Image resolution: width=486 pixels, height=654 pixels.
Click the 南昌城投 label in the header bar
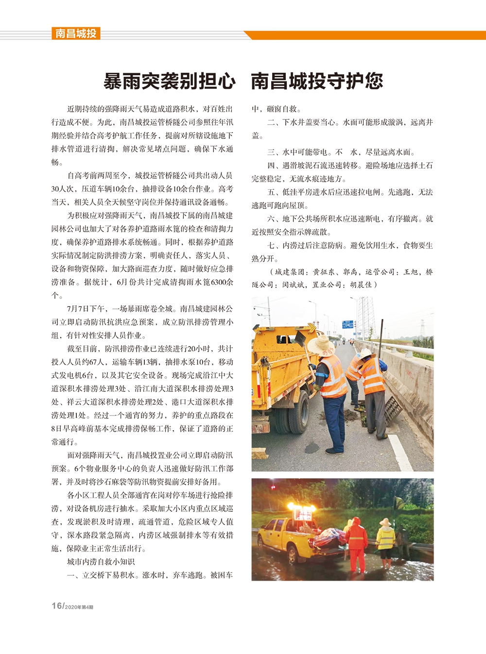tap(76, 34)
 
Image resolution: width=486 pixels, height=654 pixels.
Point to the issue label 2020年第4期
tap(79, 607)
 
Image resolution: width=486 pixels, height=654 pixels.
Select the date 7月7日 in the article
tap(78, 308)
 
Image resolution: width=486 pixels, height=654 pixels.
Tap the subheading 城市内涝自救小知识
tap(101, 562)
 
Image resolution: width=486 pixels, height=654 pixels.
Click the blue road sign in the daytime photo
tap(347, 324)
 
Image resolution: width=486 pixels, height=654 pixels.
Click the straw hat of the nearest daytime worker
tap(321, 345)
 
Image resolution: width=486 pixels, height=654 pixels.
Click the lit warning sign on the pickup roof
tap(301, 510)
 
